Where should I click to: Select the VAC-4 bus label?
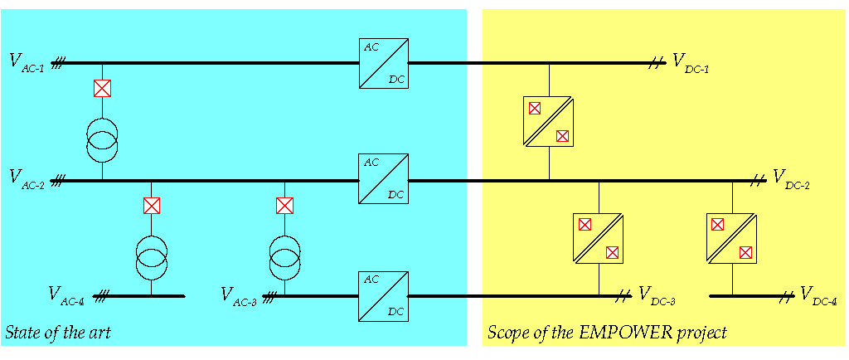point(66,294)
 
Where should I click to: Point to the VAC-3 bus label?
point(240,294)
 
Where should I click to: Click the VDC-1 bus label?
point(691,61)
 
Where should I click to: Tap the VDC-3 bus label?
point(657,295)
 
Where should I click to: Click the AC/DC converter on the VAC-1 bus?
point(384,63)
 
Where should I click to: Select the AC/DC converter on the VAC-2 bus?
point(384,178)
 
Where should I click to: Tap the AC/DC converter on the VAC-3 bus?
point(384,296)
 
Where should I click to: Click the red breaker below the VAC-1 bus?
point(102,88)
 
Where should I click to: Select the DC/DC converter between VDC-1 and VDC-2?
point(549,121)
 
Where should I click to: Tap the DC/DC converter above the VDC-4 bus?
point(732,238)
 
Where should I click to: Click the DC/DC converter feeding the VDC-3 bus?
point(599,238)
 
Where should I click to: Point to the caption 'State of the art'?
point(58,333)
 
